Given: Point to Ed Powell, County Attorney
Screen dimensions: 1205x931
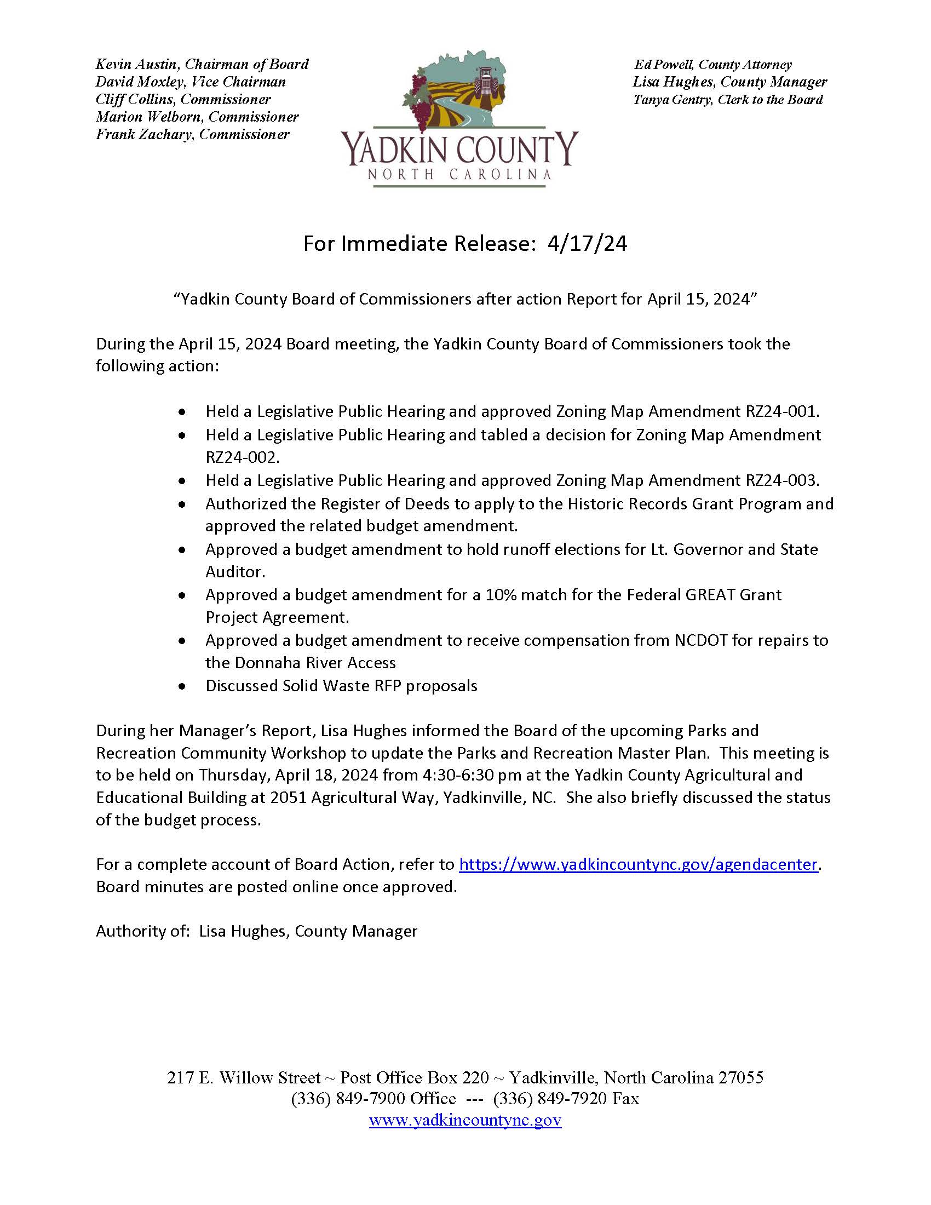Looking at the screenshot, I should coord(712,65).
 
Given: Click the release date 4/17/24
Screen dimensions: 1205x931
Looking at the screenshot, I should coord(587,244).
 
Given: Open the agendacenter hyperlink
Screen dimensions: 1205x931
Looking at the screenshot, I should coord(637,864).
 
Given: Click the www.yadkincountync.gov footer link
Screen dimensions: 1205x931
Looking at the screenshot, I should coord(465,1121).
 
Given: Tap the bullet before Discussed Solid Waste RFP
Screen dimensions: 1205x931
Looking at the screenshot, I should coord(182,687).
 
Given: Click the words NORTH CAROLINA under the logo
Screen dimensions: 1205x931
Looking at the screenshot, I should coord(459,175).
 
